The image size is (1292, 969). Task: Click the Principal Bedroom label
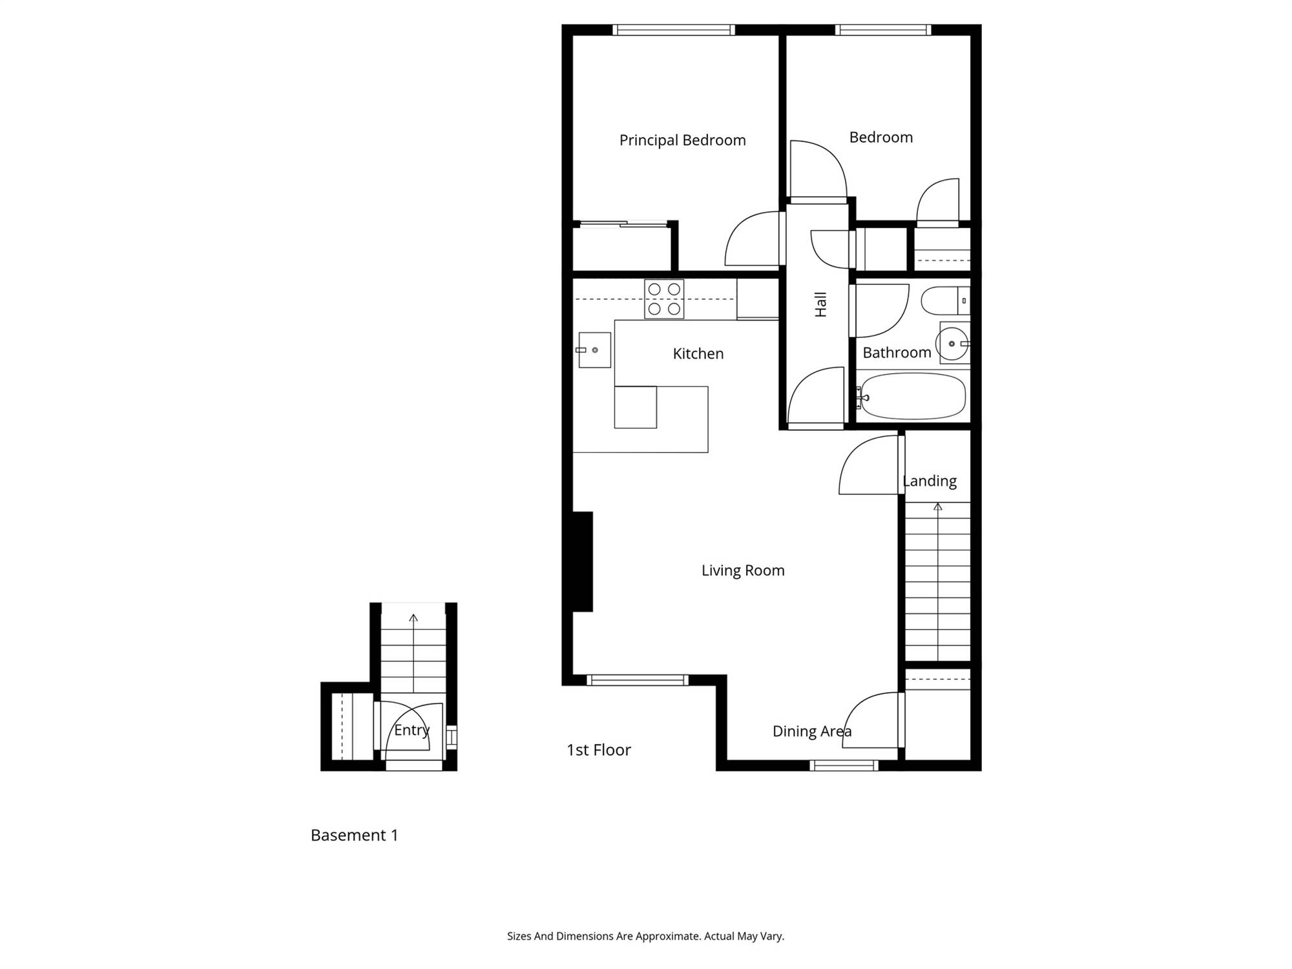pos(682,140)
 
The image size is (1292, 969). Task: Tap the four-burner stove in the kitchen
pos(664,299)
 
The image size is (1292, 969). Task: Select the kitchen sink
pos(594,350)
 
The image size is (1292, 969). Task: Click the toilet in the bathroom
pos(945,301)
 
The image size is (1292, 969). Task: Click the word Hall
pos(820,304)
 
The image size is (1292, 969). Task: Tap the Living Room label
pos(743,570)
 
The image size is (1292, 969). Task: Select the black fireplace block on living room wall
pos(582,561)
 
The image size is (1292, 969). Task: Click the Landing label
pos(930,481)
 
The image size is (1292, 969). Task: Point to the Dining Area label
pos(812,731)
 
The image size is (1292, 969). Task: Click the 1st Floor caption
pos(599,750)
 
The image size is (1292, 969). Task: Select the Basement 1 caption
pos(354,835)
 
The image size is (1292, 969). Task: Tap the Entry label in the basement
pos(412,730)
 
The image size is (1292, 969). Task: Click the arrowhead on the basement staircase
pos(413,618)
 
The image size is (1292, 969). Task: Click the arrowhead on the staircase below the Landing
pos(938,507)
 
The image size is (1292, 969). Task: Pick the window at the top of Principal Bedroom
pos(674,30)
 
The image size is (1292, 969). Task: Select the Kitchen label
pos(698,354)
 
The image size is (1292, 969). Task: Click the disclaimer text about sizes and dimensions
pos(645,936)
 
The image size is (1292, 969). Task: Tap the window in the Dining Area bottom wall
pos(844,766)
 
